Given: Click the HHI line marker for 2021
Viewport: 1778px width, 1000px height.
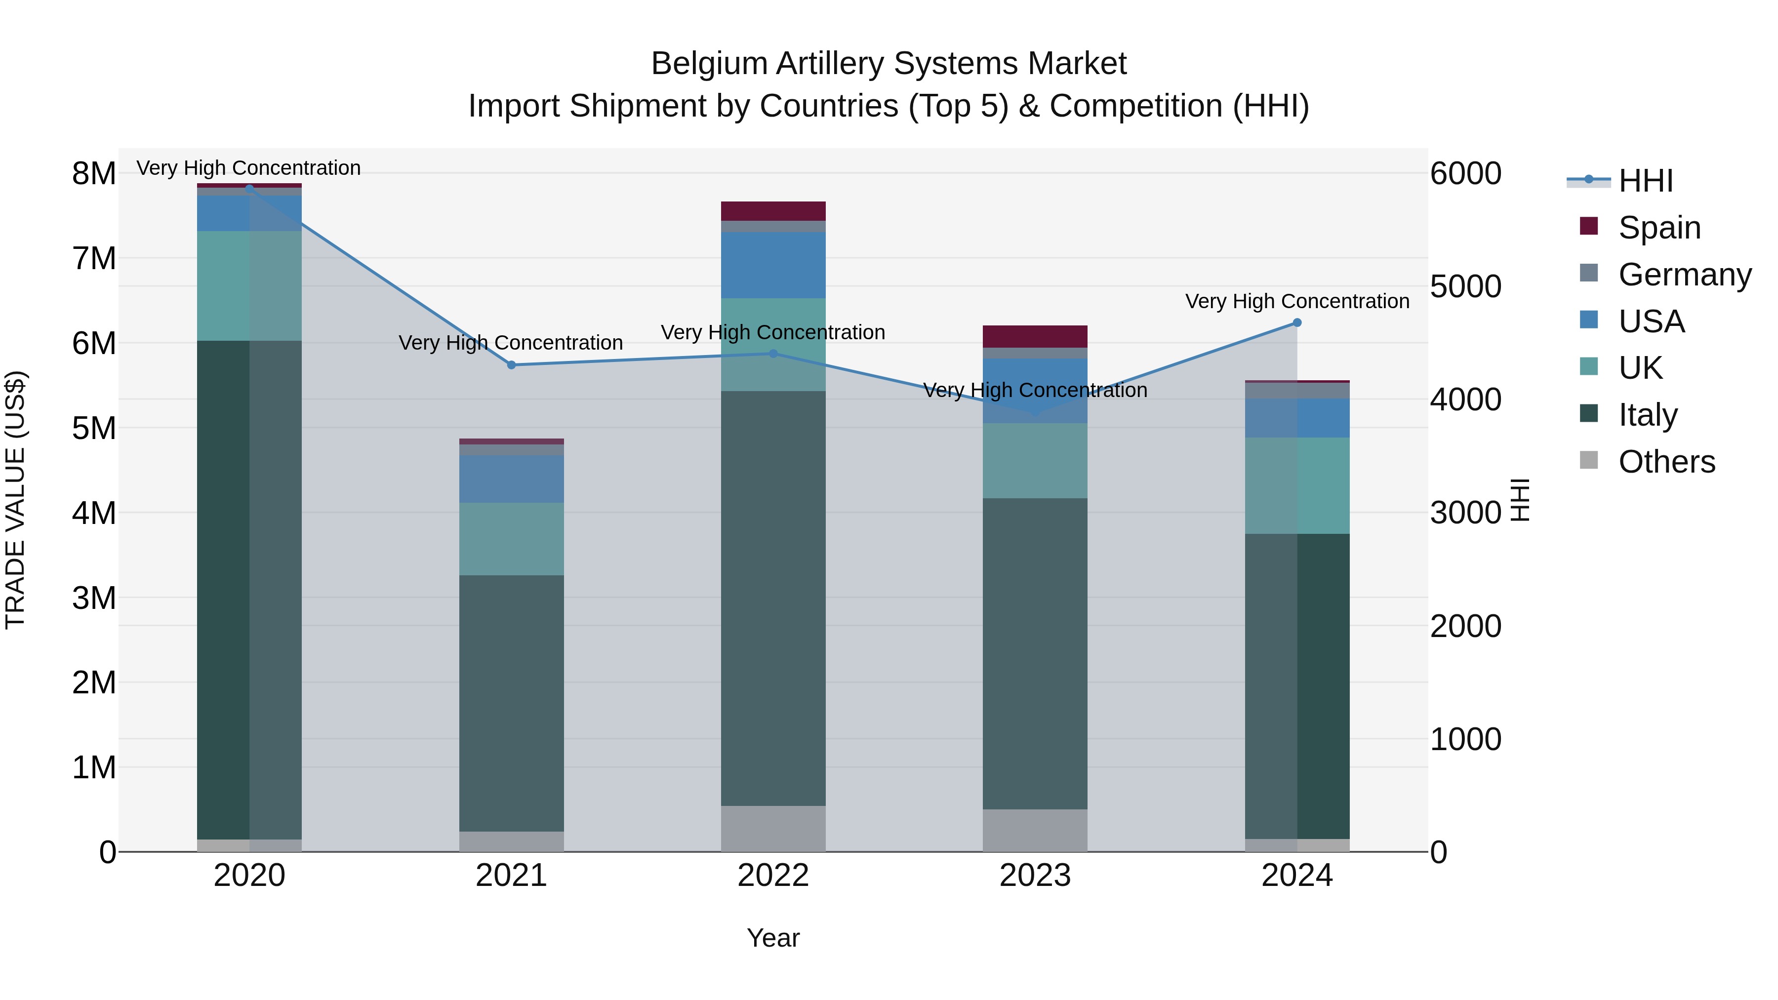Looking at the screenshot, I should coord(512,365).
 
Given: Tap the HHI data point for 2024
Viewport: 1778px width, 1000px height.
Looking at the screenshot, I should coord(1297,322).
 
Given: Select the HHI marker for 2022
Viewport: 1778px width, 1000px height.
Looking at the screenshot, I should coord(773,354).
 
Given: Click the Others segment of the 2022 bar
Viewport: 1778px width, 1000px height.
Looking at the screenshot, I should coord(773,828).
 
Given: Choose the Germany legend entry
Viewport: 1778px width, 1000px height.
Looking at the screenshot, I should coord(1684,275).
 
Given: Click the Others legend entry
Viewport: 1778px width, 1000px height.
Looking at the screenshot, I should coord(1666,462).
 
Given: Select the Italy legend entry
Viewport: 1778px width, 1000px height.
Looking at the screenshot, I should coord(1648,415).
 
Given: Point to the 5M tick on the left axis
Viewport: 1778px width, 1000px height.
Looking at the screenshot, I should coord(94,428).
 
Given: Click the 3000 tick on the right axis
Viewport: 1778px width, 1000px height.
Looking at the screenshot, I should coord(1465,513).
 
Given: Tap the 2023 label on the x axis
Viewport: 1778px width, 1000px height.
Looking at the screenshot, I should coord(1035,876).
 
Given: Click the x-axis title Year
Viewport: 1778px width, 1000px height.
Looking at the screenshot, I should coord(773,938).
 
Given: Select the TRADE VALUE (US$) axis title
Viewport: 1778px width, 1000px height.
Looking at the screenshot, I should coord(15,500).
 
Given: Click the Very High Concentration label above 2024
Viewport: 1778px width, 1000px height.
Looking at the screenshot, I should coord(1297,302).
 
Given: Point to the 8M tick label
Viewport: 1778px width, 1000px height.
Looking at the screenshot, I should coord(94,173).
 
